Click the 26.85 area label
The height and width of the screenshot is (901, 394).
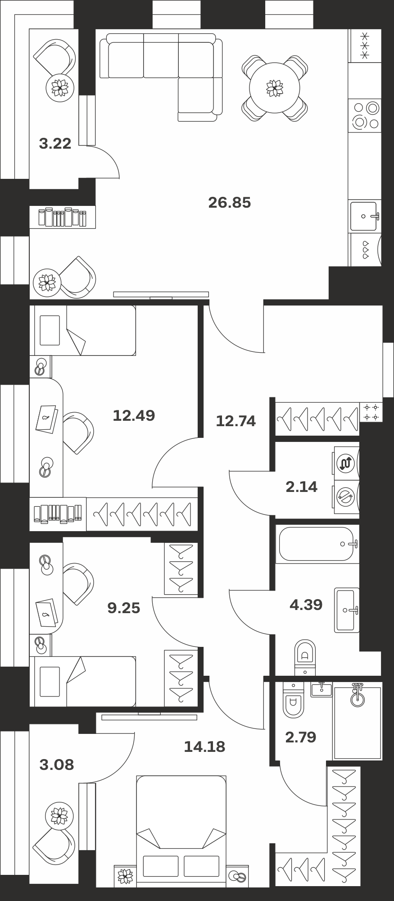(229, 203)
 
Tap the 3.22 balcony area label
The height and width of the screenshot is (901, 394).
(55, 144)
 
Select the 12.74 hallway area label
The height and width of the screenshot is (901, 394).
(235, 421)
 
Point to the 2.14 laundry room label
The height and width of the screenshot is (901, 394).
(302, 487)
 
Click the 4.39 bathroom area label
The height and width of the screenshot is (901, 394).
(306, 605)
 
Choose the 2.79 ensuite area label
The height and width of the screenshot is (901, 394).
(301, 737)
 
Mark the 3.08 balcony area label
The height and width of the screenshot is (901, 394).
(57, 764)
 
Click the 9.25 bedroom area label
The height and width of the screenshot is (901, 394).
(124, 609)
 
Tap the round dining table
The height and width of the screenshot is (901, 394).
(275, 88)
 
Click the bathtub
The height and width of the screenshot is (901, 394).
(317, 544)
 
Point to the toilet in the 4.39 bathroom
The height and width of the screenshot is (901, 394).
(305, 657)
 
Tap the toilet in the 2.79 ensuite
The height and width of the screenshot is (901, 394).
(294, 699)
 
